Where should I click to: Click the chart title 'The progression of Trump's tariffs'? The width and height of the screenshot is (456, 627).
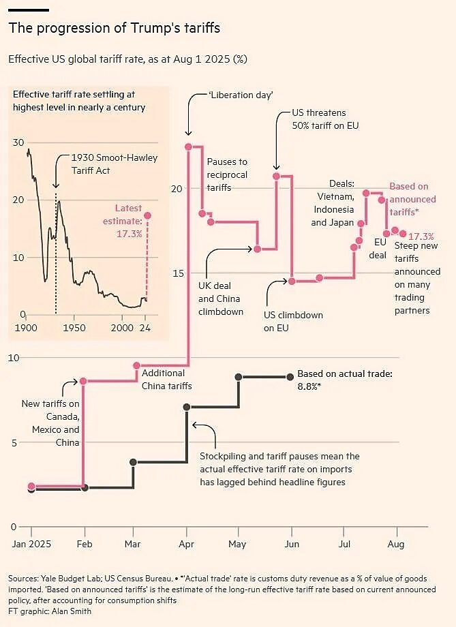[x=114, y=28]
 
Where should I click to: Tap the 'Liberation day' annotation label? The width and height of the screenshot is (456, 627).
[x=241, y=95]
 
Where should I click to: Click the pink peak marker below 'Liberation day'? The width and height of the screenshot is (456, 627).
[x=188, y=147]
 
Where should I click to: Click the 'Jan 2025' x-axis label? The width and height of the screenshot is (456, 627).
[x=31, y=544]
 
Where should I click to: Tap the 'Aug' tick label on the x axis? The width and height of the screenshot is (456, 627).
[x=396, y=544]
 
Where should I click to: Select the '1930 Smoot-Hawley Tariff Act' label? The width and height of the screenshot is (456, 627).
[x=115, y=164]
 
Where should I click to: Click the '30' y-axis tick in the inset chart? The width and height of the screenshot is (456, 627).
[x=18, y=142]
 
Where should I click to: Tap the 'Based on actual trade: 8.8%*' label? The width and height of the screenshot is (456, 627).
[x=345, y=379]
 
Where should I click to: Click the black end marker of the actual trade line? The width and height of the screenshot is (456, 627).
[x=290, y=376]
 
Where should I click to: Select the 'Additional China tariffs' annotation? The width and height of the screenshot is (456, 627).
[x=166, y=380]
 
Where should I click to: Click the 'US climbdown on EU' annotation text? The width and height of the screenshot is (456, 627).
[x=293, y=322]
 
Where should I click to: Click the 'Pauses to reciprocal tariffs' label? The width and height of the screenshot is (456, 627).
[x=228, y=174]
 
